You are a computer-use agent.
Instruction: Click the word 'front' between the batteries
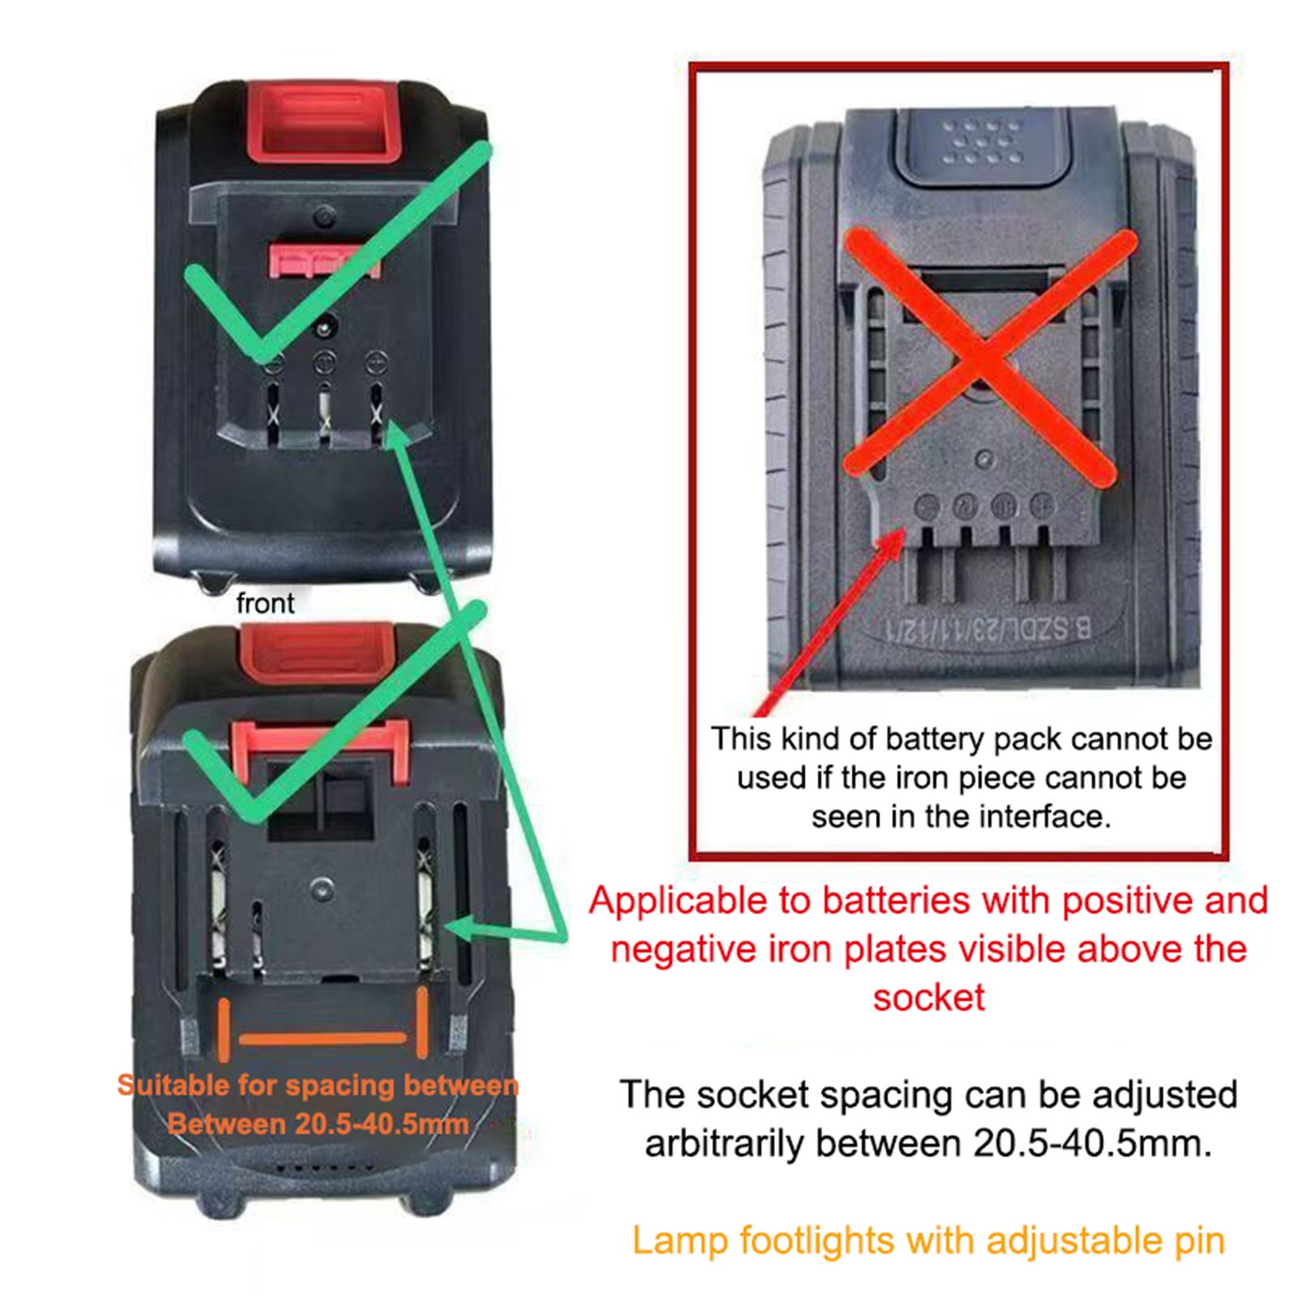pyautogui.click(x=265, y=603)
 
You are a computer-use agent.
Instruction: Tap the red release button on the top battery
pyautogui.click(x=324, y=122)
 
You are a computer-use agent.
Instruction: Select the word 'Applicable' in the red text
pyautogui.click(x=700, y=902)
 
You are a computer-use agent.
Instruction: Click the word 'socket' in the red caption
pyautogui.click(x=929, y=998)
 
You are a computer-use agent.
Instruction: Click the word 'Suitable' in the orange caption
pyautogui.click(x=170, y=1085)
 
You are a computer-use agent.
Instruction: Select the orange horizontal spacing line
pyautogui.click(x=322, y=1038)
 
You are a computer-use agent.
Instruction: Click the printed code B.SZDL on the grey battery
pyautogui.click(x=1050, y=628)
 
